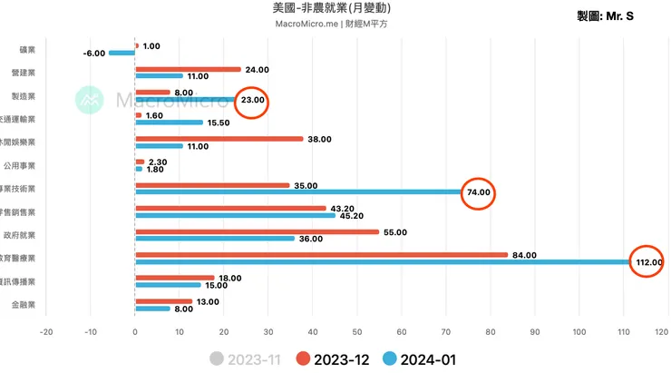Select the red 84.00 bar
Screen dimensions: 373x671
click(x=321, y=254)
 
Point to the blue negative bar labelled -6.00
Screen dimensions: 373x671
click(x=122, y=53)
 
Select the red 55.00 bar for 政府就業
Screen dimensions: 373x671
click(x=257, y=231)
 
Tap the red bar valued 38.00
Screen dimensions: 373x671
click(x=219, y=139)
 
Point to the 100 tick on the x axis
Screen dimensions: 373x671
click(x=579, y=332)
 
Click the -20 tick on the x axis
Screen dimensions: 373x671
click(x=46, y=332)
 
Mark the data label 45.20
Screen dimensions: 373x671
click(x=351, y=216)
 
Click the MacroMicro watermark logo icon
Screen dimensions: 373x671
click(x=89, y=100)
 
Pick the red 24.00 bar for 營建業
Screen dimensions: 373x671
click(x=188, y=69)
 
